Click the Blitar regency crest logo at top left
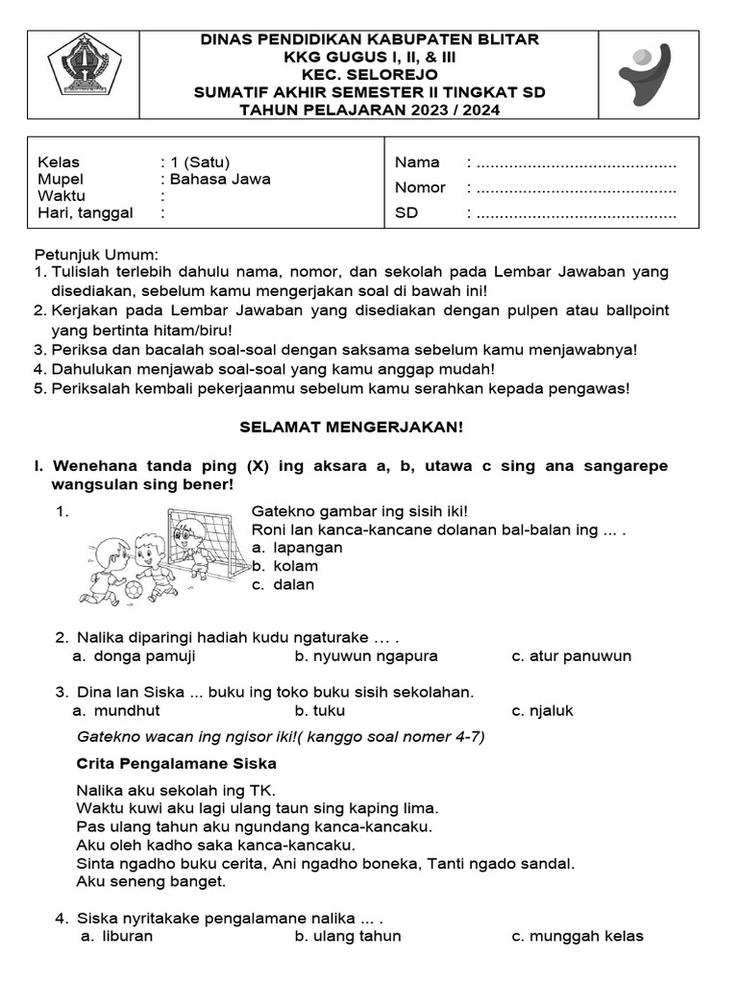click(84, 64)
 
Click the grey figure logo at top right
click(647, 73)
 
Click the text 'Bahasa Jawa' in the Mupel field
click(220, 179)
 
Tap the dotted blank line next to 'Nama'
click(576, 162)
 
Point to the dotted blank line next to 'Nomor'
click(576, 187)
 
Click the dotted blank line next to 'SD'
click(576, 213)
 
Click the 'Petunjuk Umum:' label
click(96, 255)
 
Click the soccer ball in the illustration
click(135, 588)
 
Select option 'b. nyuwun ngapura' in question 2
click(366, 656)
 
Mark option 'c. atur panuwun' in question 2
click(572, 656)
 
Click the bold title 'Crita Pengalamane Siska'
click(176, 764)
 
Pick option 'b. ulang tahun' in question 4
click(348, 936)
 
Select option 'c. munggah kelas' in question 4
click(578, 936)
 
